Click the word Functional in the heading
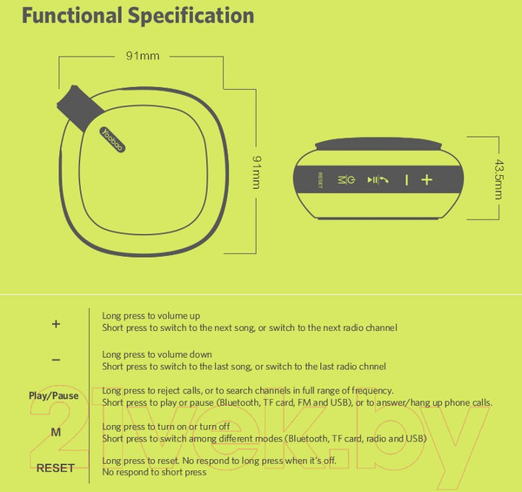pyautogui.click(x=72, y=16)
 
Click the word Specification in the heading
pyautogui.click(x=191, y=17)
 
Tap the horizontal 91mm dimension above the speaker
pyautogui.click(x=143, y=56)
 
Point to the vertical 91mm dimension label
pyautogui.click(x=257, y=172)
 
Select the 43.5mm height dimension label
pyautogui.click(x=499, y=179)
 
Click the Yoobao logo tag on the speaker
pyautogui.click(x=112, y=139)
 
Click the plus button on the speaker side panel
pyautogui.click(x=427, y=180)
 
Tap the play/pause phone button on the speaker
pyautogui.click(x=378, y=180)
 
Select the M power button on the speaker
pyautogui.click(x=346, y=180)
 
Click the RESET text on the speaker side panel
pyautogui.click(x=320, y=180)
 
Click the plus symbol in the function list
pyautogui.click(x=56, y=324)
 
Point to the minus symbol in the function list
pyautogui.click(x=56, y=360)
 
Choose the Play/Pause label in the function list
pyautogui.click(x=54, y=395)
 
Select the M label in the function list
pyautogui.click(x=56, y=432)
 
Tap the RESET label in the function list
pyautogui.click(x=56, y=468)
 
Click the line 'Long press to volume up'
pyautogui.click(x=151, y=316)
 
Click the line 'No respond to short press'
pyautogui.click(x=154, y=472)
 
